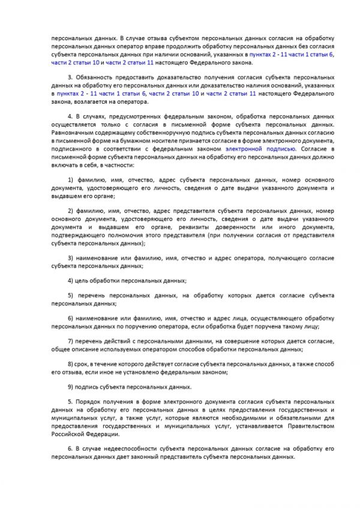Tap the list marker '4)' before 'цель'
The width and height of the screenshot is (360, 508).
70,281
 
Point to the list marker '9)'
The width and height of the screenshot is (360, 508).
70,387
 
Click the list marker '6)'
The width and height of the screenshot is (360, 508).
70,317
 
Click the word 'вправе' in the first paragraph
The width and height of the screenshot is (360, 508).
142,47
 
